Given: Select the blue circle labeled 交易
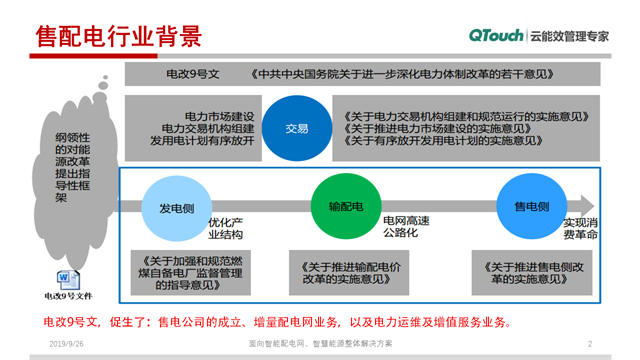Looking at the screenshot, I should tap(297, 128).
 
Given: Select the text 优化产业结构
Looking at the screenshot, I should tap(225, 228).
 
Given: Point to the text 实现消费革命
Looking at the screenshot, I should tap(580, 228).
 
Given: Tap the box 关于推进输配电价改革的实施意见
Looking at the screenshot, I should tap(351, 274).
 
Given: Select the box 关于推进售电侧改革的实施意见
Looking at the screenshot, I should tap(528, 274).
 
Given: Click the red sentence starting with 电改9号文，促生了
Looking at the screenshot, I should tap(276, 322).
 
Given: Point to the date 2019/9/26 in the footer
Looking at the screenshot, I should tap(67, 343).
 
